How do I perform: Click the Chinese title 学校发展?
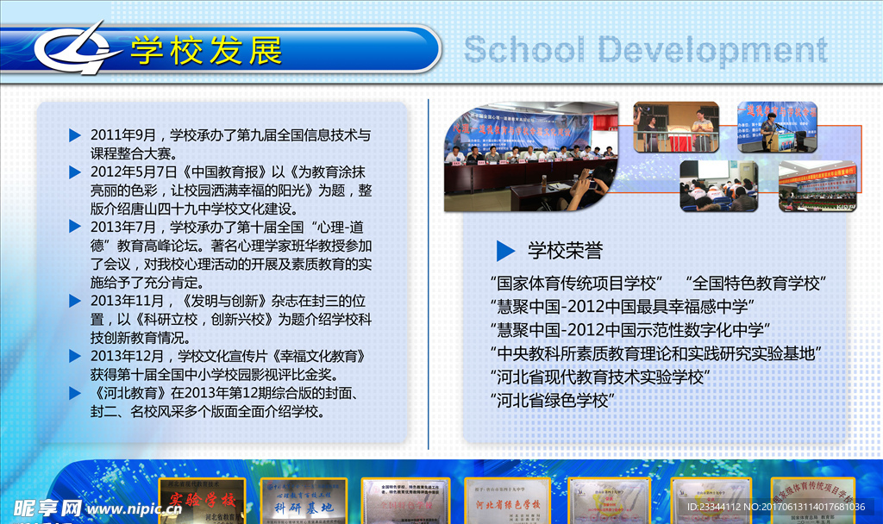[x=206, y=51]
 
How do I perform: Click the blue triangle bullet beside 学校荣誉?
[x=505, y=250]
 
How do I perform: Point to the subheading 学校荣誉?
[x=565, y=251]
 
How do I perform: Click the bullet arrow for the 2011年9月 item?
[x=75, y=135]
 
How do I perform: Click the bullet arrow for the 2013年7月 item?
[x=75, y=228]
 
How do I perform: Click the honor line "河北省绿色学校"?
[x=553, y=400]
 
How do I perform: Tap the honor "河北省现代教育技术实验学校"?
[x=600, y=377]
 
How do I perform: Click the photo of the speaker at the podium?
[x=777, y=126]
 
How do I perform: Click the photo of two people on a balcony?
[x=676, y=127]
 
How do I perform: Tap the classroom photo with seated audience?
[x=718, y=185]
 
